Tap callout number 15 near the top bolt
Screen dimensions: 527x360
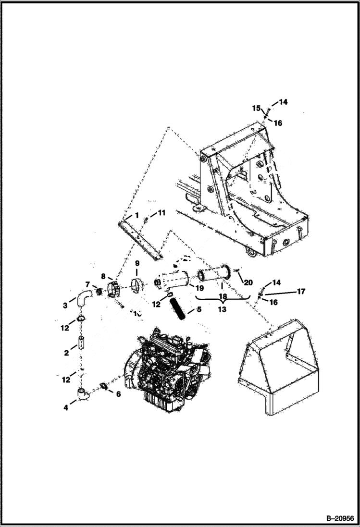point(256,108)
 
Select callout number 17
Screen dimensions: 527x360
point(301,291)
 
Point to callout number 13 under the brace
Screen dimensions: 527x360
point(222,309)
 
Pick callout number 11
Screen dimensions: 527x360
point(161,212)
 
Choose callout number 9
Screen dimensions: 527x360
point(137,263)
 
